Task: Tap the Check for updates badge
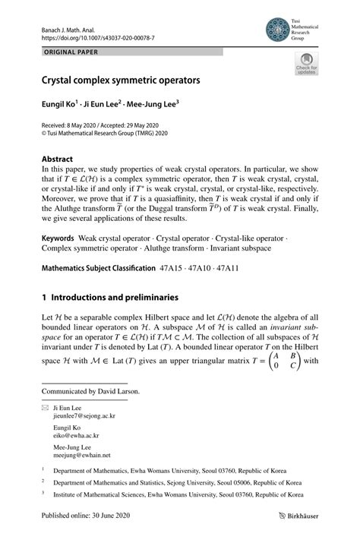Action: [305, 65]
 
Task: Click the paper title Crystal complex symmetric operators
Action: [121, 78]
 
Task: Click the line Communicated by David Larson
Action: [91, 392]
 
